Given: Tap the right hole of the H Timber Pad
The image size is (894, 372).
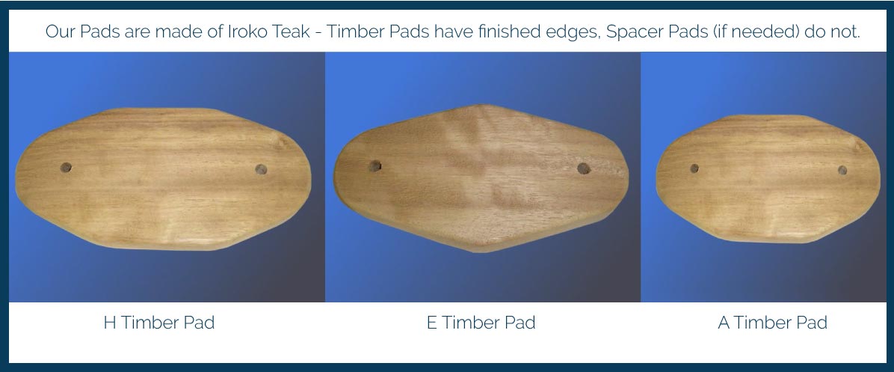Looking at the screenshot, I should point(261,170).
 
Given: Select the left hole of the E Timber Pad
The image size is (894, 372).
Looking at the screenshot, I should point(375,166).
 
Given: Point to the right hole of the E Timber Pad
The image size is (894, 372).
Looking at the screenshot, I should point(583,168).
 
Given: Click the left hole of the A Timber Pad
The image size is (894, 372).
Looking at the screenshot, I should point(694,168).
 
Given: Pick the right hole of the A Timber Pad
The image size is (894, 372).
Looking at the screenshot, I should point(842,170).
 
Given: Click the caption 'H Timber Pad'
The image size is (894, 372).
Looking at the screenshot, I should point(158,323).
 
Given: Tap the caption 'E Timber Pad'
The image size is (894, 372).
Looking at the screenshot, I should point(481,323).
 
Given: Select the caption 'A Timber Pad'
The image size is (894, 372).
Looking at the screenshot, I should point(772,323).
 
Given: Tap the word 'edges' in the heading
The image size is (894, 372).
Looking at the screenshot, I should point(566,32).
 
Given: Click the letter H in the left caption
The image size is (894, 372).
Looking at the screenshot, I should point(109,323).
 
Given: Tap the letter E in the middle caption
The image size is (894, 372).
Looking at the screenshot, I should point(431,323).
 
